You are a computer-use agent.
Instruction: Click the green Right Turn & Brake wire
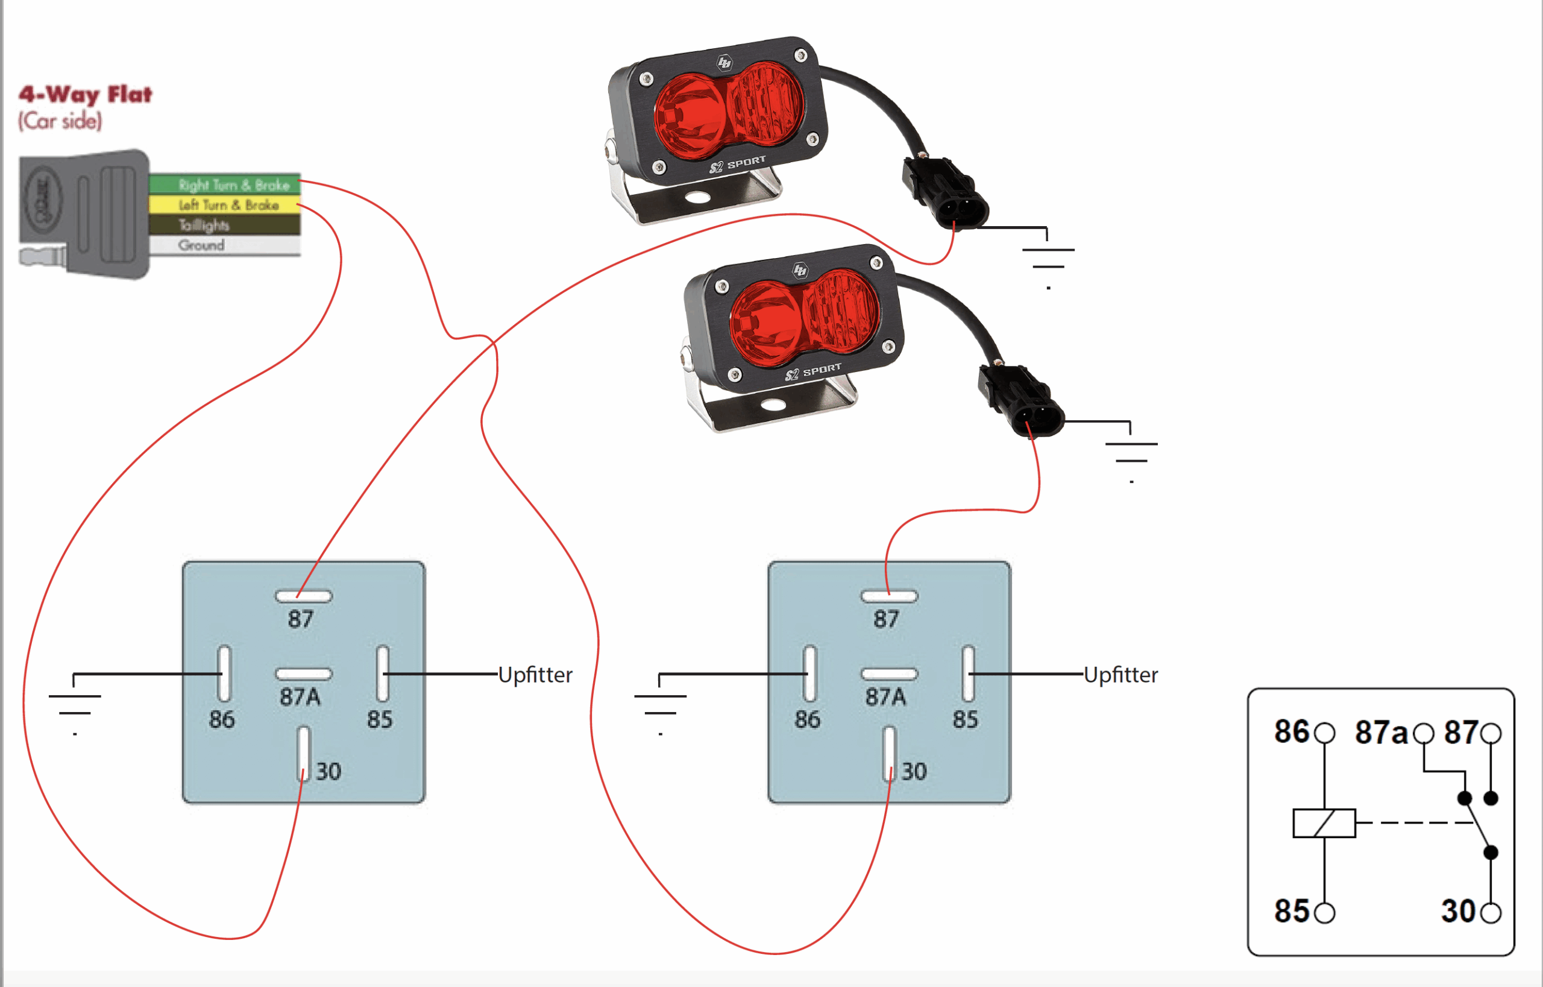click(x=224, y=184)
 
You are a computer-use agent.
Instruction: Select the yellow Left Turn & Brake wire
click(x=224, y=205)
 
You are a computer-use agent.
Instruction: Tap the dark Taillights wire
click(x=224, y=225)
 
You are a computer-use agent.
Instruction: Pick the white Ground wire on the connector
click(x=224, y=245)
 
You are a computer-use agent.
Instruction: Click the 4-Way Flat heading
click(x=85, y=95)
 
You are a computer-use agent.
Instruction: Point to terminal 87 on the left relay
click(x=303, y=596)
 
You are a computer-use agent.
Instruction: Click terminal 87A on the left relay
click(x=303, y=673)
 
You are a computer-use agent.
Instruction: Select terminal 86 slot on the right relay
click(x=810, y=673)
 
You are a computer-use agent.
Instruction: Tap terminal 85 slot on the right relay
click(x=967, y=673)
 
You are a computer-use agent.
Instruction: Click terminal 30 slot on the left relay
click(x=303, y=753)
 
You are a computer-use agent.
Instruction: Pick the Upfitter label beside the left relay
click(x=535, y=675)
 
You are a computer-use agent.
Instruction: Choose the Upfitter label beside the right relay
click(x=1120, y=675)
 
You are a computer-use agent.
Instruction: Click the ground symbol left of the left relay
click(x=75, y=704)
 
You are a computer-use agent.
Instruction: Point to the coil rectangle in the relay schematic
click(x=1324, y=823)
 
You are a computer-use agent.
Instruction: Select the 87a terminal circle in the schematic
click(x=1424, y=733)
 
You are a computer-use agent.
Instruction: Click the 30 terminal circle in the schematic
click(x=1491, y=913)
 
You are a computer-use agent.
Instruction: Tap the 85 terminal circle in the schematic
click(x=1324, y=913)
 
